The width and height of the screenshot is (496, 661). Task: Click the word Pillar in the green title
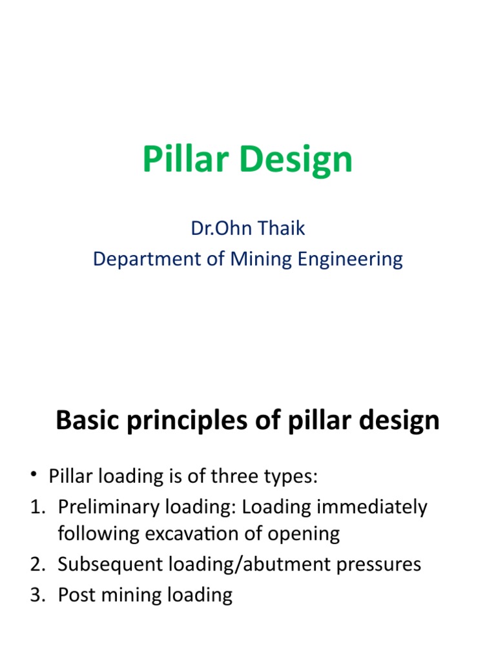tap(183, 159)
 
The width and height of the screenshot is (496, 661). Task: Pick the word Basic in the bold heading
tap(87, 421)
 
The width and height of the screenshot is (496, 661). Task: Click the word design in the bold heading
tap(400, 421)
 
